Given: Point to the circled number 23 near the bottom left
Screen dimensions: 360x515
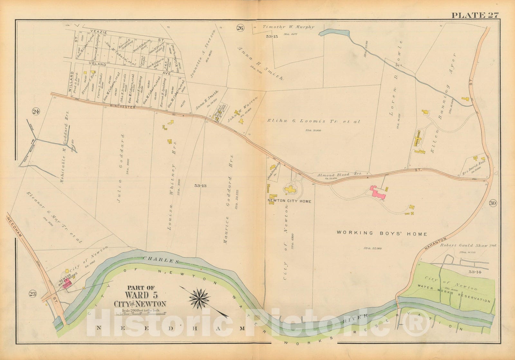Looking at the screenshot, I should tap(34, 293).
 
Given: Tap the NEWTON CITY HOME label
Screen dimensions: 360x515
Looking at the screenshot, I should tap(289, 201).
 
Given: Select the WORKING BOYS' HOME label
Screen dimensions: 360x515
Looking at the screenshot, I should tap(381, 234).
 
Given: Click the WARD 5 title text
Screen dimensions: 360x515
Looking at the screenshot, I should tap(140, 295).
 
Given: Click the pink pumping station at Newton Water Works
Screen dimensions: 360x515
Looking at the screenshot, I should tap(69, 285).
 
